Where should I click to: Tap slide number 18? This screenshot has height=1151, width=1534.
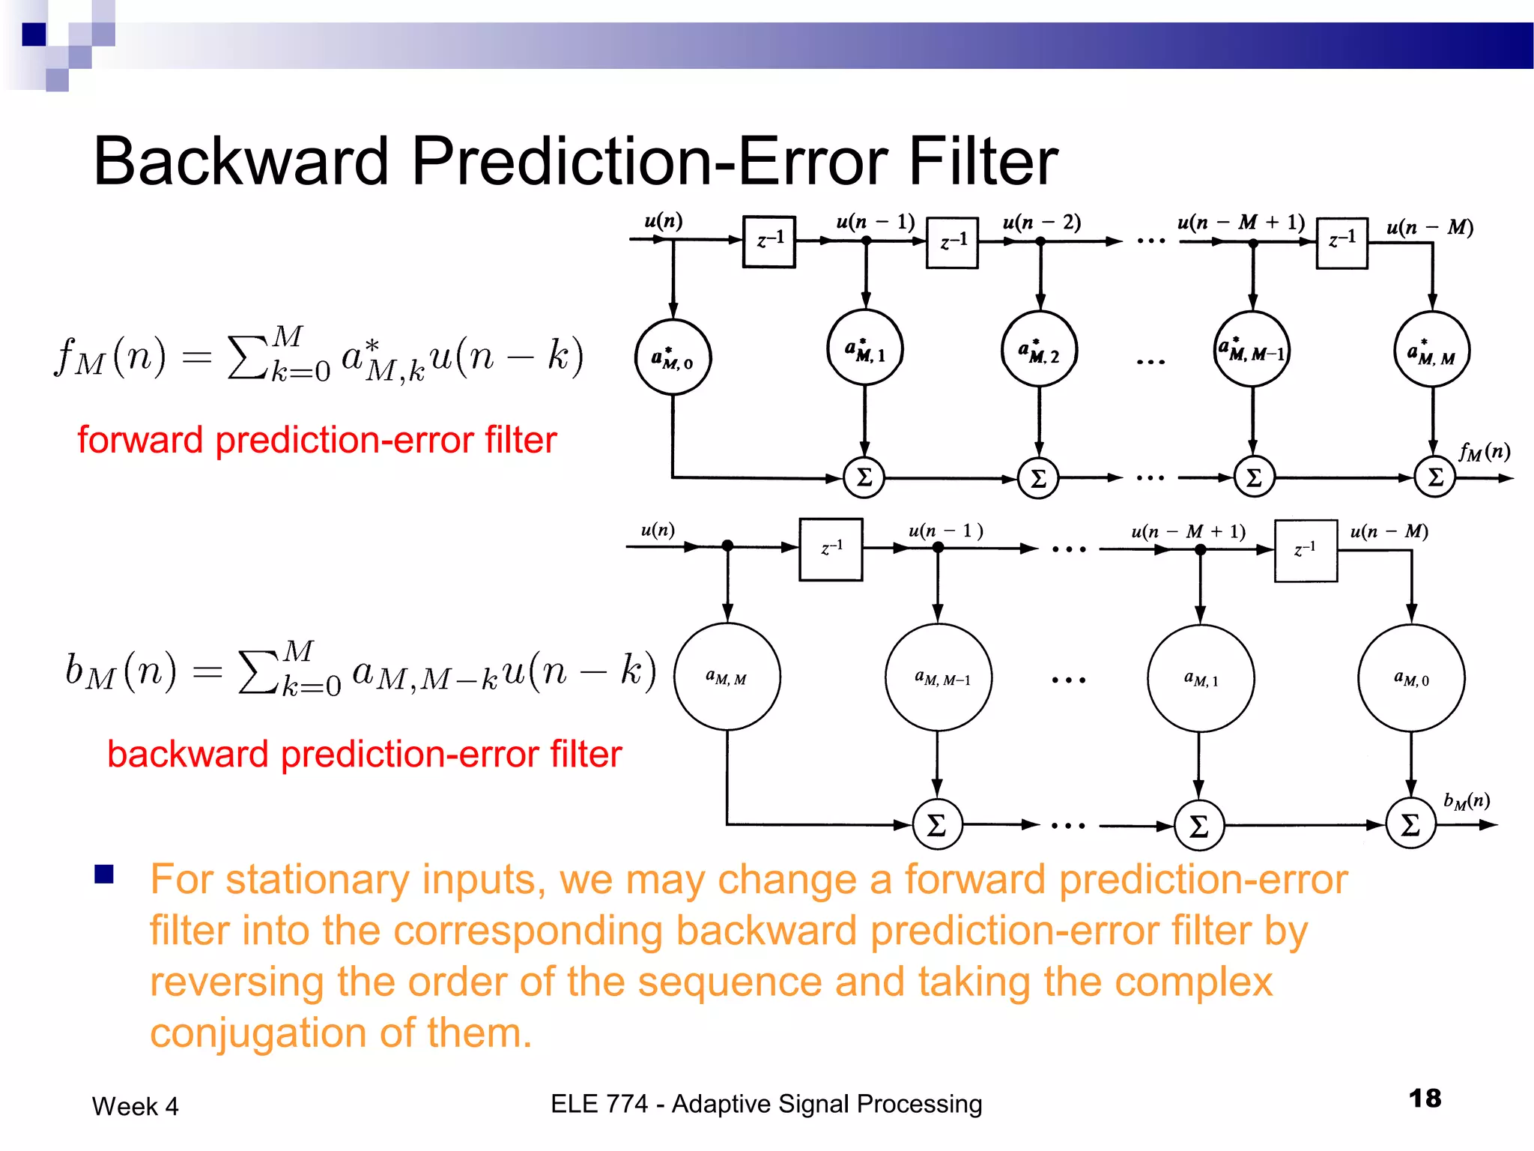point(1425,1099)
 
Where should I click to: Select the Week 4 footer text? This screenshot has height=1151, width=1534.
point(136,1107)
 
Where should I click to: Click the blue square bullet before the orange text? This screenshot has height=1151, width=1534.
point(104,874)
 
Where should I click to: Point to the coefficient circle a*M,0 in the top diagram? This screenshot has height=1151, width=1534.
point(673,357)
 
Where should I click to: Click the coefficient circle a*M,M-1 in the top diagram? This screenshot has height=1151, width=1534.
point(1252,349)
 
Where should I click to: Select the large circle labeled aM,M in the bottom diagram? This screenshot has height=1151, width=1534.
point(727,677)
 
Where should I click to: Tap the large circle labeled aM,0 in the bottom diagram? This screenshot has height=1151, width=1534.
point(1411,678)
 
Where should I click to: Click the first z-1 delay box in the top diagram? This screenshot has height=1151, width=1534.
point(769,241)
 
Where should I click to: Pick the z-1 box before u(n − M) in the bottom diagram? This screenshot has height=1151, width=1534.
point(1306,551)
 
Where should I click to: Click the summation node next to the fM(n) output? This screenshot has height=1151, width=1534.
point(1434,477)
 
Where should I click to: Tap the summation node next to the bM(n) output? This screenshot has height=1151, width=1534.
point(1410,824)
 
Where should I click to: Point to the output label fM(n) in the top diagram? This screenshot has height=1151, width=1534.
point(1484,452)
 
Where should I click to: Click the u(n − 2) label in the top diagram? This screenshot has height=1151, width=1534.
point(1041,223)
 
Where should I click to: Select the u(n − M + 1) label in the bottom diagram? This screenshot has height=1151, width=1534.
point(1188,531)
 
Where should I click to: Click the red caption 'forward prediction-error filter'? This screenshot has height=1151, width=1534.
point(317,440)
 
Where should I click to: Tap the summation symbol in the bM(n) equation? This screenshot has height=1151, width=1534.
point(257,672)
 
